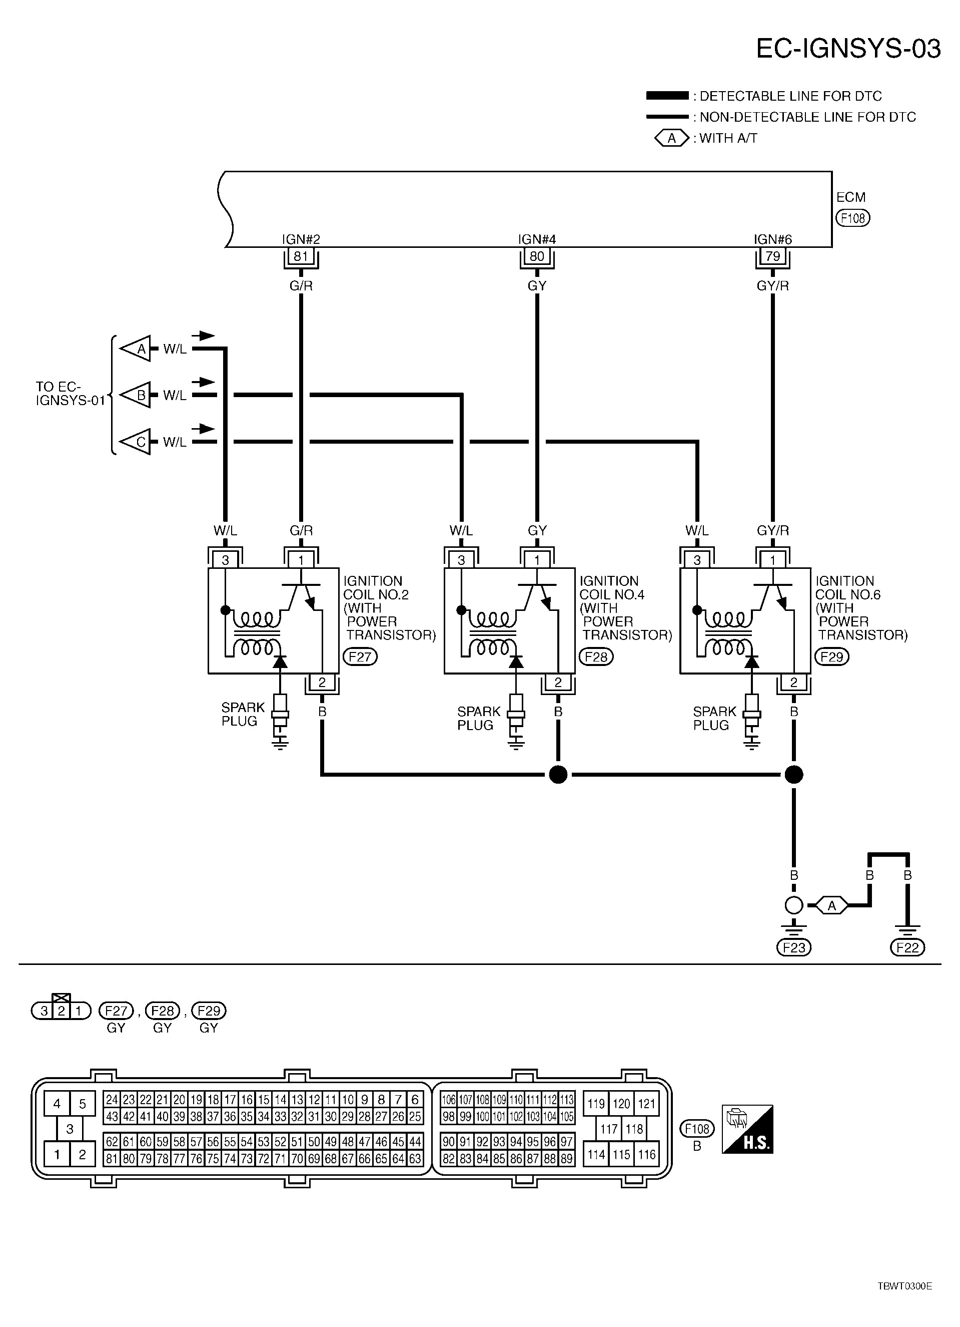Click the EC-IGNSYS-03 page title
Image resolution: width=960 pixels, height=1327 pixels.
pyautogui.click(x=848, y=49)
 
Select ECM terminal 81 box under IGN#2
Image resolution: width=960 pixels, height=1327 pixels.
pyautogui.click(x=301, y=256)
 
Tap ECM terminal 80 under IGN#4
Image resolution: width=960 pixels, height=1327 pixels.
pyautogui.click(x=536, y=256)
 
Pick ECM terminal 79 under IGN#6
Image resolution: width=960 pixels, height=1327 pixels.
pyautogui.click(x=772, y=256)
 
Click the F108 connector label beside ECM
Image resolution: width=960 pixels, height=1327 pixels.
pyautogui.click(x=852, y=218)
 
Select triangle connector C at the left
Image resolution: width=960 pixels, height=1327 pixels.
pyautogui.click(x=138, y=442)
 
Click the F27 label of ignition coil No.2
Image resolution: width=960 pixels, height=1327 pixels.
pyautogui.click(x=360, y=657)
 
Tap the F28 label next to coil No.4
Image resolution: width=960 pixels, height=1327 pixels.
pyautogui.click(x=596, y=657)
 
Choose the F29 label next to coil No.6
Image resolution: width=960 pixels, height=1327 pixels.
pyautogui.click(x=831, y=657)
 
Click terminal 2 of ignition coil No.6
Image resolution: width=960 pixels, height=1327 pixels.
pyautogui.click(x=793, y=682)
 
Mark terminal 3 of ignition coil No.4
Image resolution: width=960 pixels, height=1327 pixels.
pyautogui.click(x=461, y=560)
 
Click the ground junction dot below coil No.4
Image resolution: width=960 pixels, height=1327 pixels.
pyautogui.click(x=558, y=775)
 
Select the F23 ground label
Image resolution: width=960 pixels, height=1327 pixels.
pyautogui.click(x=793, y=947)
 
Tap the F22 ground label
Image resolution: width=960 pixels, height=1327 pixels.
pyautogui.click(x=907, y=947)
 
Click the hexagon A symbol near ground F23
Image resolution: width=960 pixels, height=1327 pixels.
pyautogui.click(x=831, y=906)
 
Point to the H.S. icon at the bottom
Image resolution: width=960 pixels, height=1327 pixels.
pyautogui.click(x=747, y=1129)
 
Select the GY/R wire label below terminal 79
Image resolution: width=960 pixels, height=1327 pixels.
pyautogui.click(x=772, y=286)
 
